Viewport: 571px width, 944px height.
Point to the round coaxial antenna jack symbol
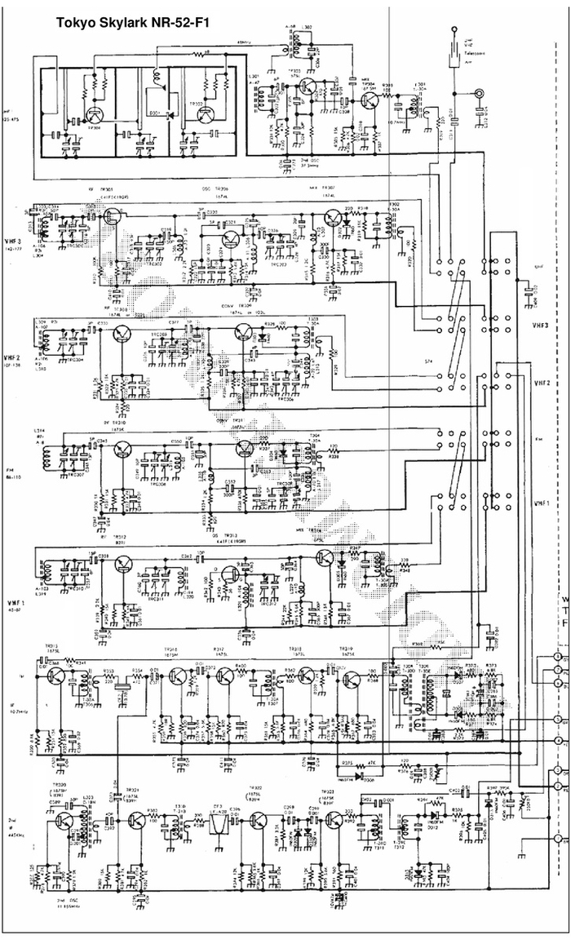coord(480,94)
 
